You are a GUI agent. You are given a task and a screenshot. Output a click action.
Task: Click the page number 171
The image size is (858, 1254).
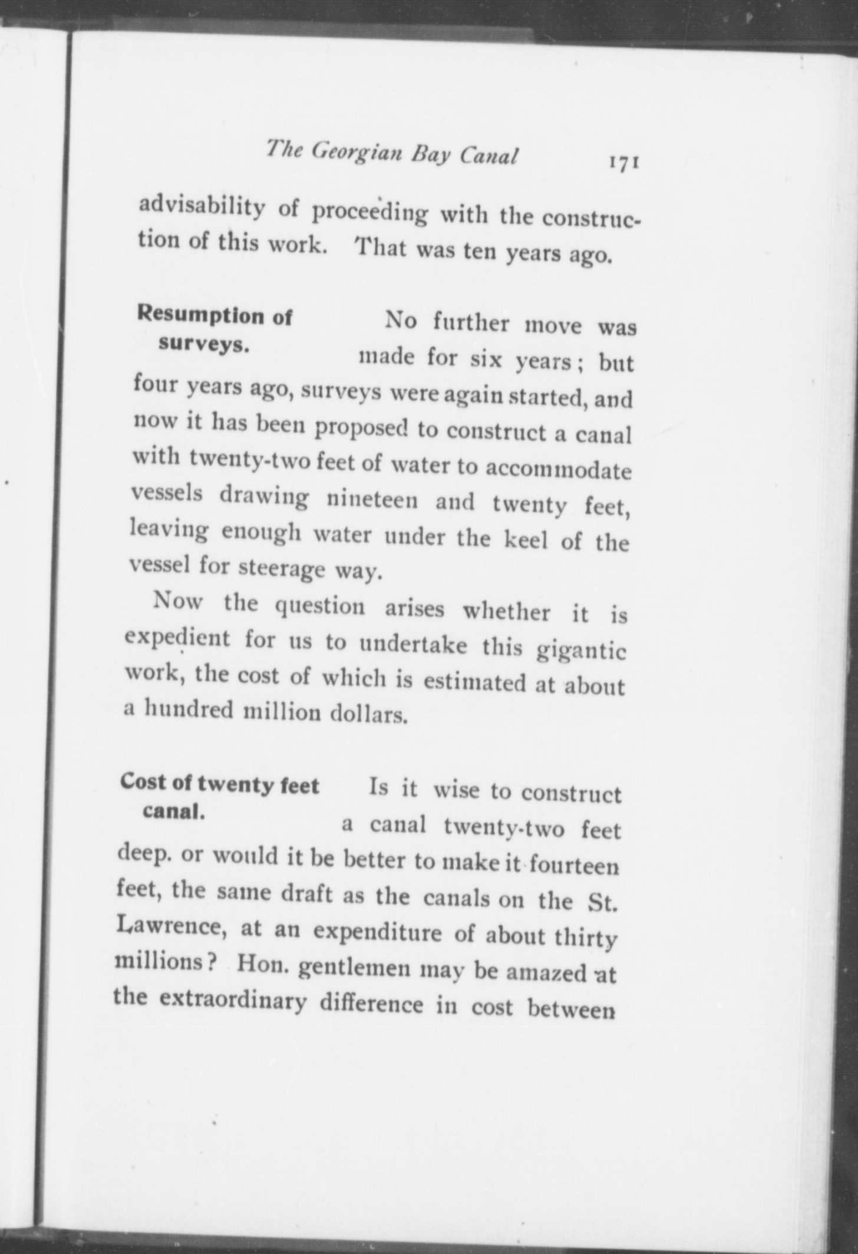pos(625,163)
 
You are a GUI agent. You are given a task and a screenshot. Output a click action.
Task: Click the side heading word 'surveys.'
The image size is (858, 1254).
pos(204,345)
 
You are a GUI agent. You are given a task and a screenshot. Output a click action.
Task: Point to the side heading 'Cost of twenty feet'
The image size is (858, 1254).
pos(220,785)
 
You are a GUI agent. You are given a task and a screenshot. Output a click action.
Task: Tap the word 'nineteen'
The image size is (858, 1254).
pos(372,500)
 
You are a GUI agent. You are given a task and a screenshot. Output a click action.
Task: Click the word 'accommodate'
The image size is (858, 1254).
pos(557,469)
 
